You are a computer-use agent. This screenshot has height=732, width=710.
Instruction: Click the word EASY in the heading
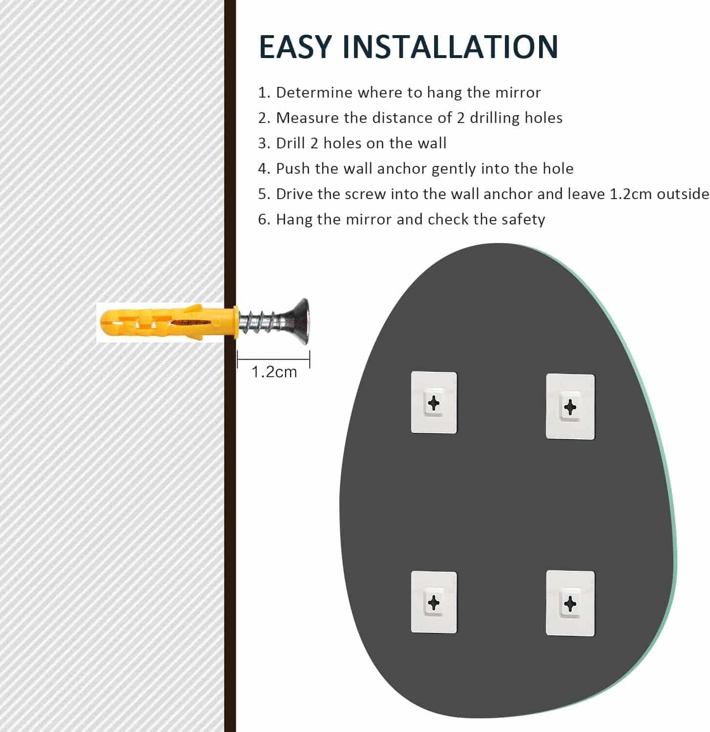pyautogui.click(x=295, y=47)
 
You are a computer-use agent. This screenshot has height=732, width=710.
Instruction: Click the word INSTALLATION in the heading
pyautogui.click(x=450, y=47)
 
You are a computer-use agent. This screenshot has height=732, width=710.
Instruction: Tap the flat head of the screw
pyautogui.click(x=298, y=322)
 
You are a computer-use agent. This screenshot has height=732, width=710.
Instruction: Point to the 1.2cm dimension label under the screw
pyautogui.click(x=274, y=372)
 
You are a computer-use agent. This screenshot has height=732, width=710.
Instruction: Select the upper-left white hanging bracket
pyautogui.click(x=434, y=403)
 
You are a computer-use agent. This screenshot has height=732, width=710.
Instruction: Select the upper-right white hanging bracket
pyautogui.click(x=570, y=407)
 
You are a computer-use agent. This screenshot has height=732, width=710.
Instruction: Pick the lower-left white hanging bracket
pyautogui.click(x=434, y=602)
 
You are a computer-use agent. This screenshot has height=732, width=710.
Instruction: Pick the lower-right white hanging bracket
pyautogui.click(x=570, y=603)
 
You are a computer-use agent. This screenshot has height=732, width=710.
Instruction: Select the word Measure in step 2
pyautogui.click(x=308, y=118)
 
